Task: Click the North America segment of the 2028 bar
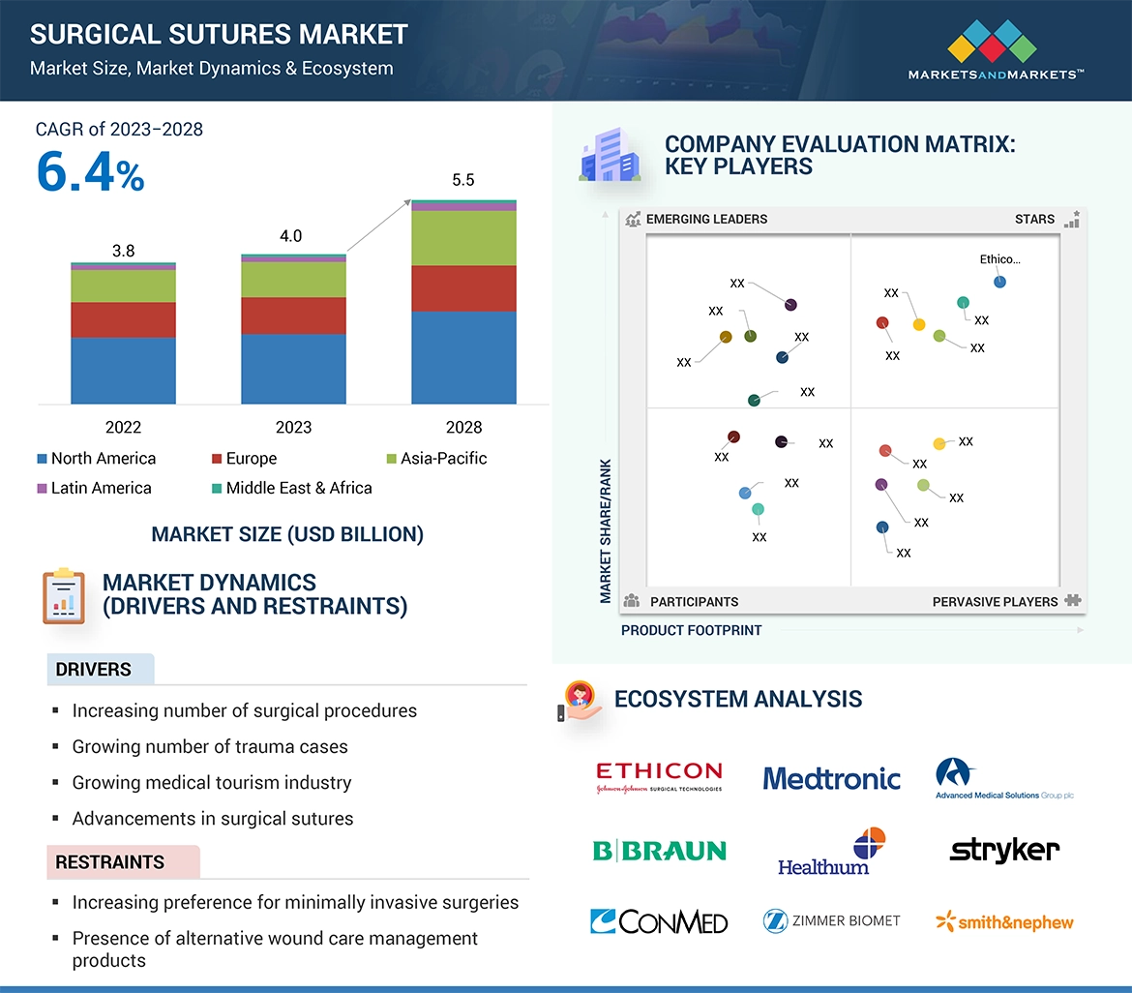(463, 356)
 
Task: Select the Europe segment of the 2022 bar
(123, 319)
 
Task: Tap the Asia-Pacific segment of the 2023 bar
(293, 280)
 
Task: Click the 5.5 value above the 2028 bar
(463, 180)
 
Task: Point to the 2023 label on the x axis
(293, 427)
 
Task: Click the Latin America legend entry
(95, 488)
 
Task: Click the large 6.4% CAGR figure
(90, 171)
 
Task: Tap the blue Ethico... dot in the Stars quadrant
(999, 282)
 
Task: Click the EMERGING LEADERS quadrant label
(705, 219)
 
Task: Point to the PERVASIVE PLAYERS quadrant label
(995, 602)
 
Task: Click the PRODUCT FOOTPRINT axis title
(691, 630)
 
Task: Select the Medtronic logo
(831, 778)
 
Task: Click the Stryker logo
(1004, 851)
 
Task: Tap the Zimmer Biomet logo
(831, 921)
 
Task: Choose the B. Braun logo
(659, 851)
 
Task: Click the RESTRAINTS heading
(109, 861)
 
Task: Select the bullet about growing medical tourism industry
(211, 782)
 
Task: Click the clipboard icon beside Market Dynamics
(63, 595)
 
